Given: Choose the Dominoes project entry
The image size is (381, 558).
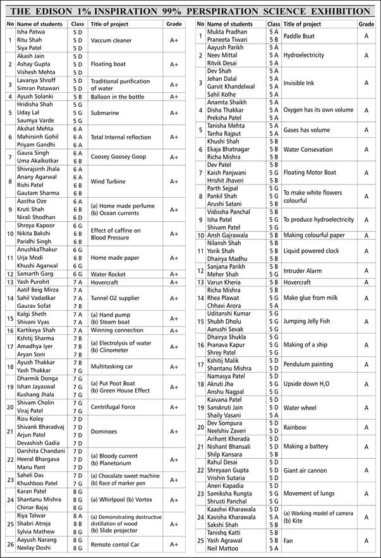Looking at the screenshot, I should coord(107,432).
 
